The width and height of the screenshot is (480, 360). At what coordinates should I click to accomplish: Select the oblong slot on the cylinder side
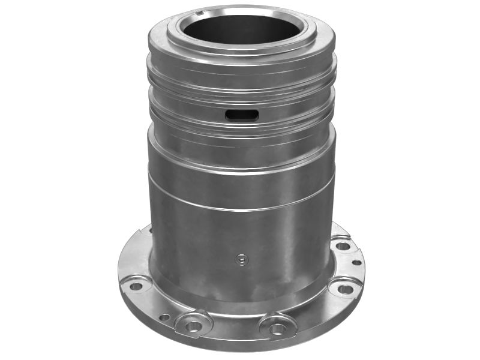pyautogui.click(x=241, y=115)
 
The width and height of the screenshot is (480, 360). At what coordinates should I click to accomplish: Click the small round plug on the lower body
pyautogui.click(x=241, y=259)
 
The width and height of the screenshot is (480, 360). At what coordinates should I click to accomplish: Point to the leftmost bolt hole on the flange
pyautogui.click(x=136, y=286)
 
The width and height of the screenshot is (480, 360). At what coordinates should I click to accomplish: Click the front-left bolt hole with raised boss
pyautogui.click(x=193, y=326)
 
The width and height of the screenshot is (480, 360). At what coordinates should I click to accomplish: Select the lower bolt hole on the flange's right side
pyautogui.click(x=345, y=289)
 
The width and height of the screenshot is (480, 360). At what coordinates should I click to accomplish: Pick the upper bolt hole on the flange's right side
pyautogui.click(x=343, y=245)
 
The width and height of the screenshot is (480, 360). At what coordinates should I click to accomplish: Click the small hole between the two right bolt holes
pyautogui.click(x=356, y=262)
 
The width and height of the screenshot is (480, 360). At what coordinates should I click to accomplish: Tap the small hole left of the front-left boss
pyautogui.click(x=164, y=317)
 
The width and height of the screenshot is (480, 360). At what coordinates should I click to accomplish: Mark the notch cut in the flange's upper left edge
pyautogui.click(x=142, y=230)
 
